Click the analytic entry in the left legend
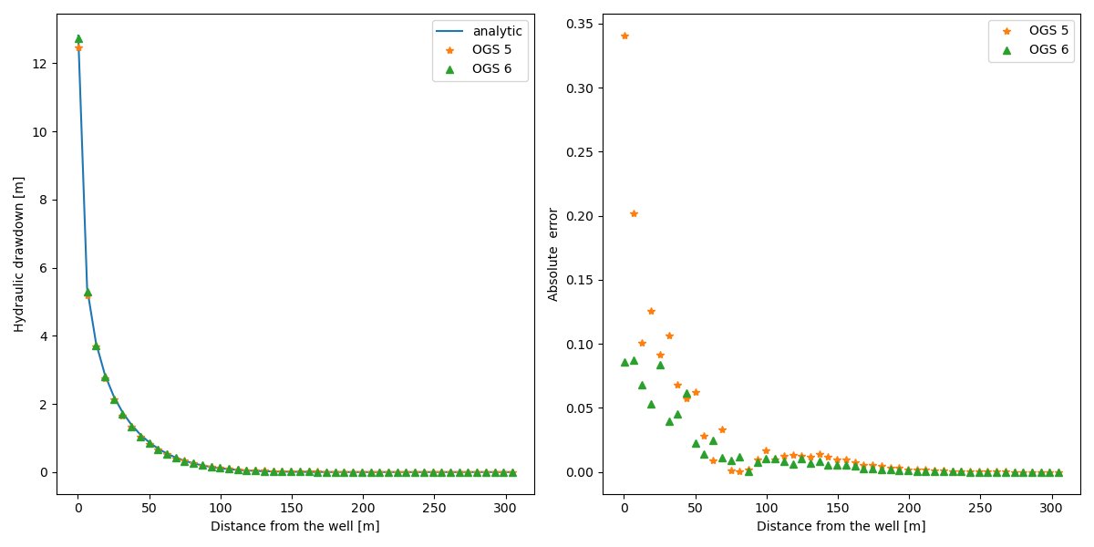click(x=497, y=31)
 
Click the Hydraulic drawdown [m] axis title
click(x=19, y=254)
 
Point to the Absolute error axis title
click(x=553, y=254)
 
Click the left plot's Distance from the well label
click(x=294, y=526)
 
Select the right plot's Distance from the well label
click(x=841, y=526)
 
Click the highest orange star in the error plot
click(x=624, y=36)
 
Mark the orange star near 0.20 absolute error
click(x=634, y=213)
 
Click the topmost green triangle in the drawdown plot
click(x=78, y=38)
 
